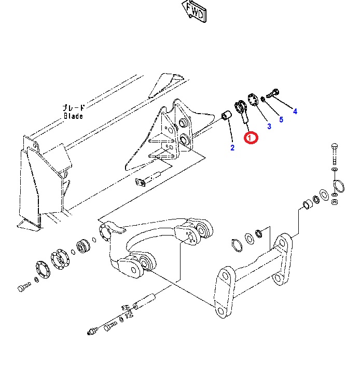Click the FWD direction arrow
pyautogui.click(x=194, y=11)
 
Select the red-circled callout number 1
pyautogui.click(x=251, y=137)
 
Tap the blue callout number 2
pyautogui.click(x=232, y=148)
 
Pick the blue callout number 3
pyautogui.click(x=269, y=127)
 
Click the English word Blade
pyautogui.click(x=73, y=116)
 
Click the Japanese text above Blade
pyautogui.click(x=74, y=107)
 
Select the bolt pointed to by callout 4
pyautogui.click(x=273, y=93)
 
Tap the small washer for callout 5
pyautogui.click(x=263, y=99)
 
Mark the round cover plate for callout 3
pyautogui.click(x=253, y=100)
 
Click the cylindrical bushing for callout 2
pyautogui.click(x=226, y=116)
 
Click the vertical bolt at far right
pyautogui.click(x=335, y=154)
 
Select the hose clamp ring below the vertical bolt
pyautogui.click(x=339, y=186)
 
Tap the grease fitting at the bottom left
pyautogui.click(x=92, y=330)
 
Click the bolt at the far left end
pyautogui.click(x=24, y=287)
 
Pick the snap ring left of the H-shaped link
pyautogui.click(x=237, y=245)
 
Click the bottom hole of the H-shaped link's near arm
pyautogui.click(x=221, y=311)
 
